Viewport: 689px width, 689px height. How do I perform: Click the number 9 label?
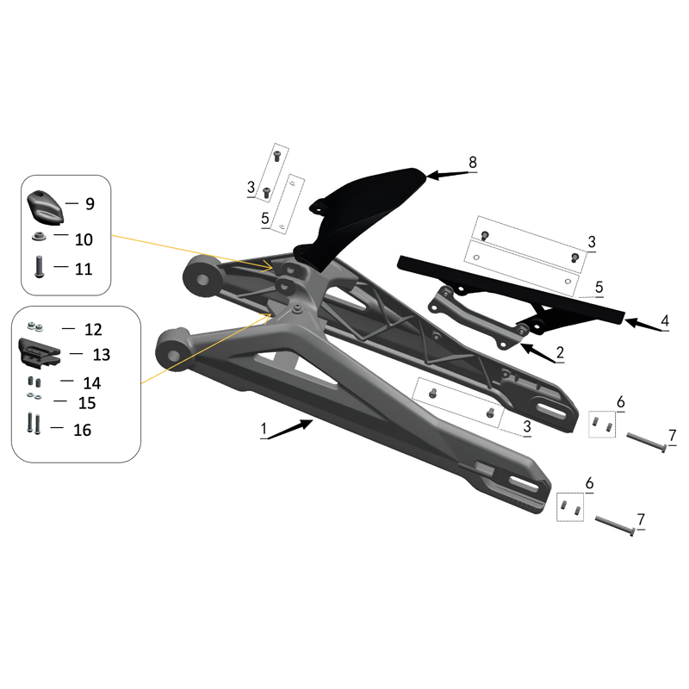90,204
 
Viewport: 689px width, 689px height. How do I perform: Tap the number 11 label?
84,269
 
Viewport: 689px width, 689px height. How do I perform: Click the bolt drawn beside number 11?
40,267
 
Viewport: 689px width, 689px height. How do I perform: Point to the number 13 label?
102,355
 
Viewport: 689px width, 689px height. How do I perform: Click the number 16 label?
82,430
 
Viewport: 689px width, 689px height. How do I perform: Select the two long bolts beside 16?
34,424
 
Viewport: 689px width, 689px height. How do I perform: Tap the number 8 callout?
472,162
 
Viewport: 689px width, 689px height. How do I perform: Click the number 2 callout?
560,351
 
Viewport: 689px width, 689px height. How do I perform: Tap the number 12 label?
92,330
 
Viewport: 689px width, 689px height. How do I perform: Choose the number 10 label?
84,239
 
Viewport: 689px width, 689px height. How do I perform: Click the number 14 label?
91,382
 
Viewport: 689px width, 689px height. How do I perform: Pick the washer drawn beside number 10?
40,237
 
